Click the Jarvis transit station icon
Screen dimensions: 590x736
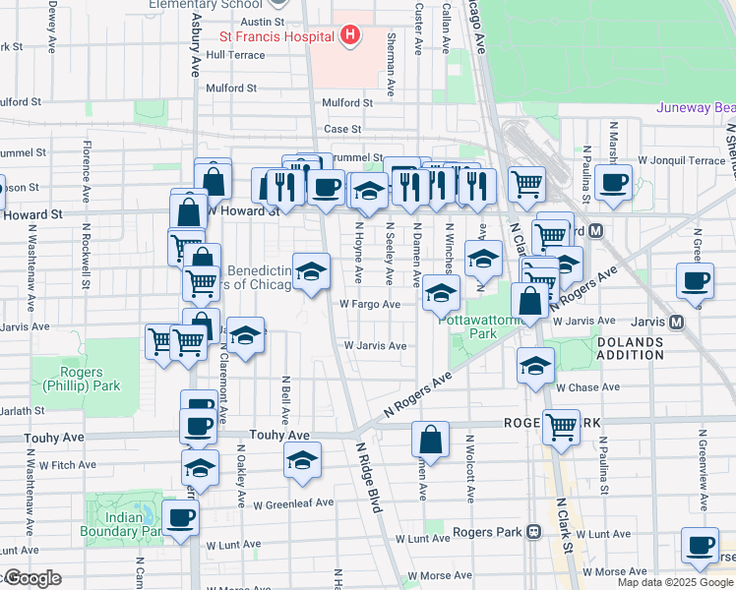click(x=676, y=322)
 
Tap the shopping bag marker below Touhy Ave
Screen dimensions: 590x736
click(x=431, y=439)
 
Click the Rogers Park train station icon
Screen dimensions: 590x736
click(x=533, y=532)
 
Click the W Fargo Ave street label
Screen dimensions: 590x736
click(x=370, y=305)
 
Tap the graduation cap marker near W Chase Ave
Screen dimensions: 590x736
click(x=535, y=366)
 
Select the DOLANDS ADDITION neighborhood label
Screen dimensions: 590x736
click(x=631, y=348)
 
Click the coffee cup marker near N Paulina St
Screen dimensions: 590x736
click(x=613, y=182)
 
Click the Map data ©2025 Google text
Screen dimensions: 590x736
click(x=674, y=582)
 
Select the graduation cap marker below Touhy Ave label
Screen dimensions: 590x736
click(x=302, y=459)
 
